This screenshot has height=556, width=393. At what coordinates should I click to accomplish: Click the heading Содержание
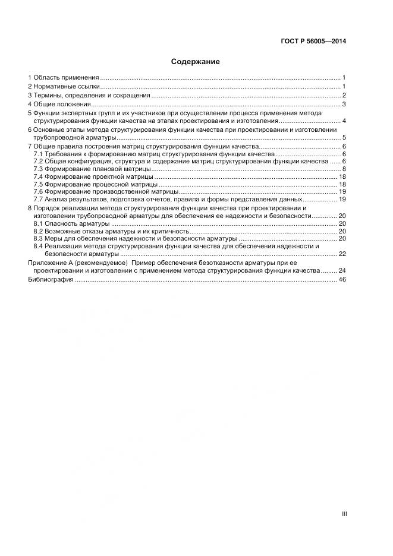click(x=196, y=62)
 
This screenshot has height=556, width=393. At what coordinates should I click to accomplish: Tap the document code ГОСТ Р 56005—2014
click(x=313, y=42)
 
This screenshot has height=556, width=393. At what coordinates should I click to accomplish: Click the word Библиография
click(x=51, y=279)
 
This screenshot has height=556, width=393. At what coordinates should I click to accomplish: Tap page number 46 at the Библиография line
click(x=342, y=279)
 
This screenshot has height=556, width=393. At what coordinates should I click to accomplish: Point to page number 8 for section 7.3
click(x=344, y=169)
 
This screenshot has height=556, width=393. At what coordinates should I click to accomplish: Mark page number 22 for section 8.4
click(x=342, y=254)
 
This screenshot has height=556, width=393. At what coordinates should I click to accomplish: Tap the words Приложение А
click(x=51, y=263)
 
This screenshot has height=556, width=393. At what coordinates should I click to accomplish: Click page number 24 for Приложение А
click(x=342, y=270)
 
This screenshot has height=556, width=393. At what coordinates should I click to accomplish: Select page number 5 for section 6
click(x=344, y=137)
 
